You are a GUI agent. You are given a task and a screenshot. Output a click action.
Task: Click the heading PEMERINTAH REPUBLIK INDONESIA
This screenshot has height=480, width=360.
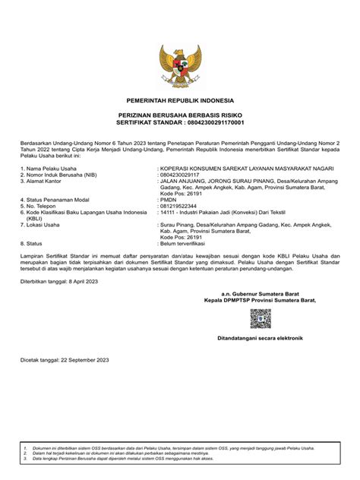tap(180, 101)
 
